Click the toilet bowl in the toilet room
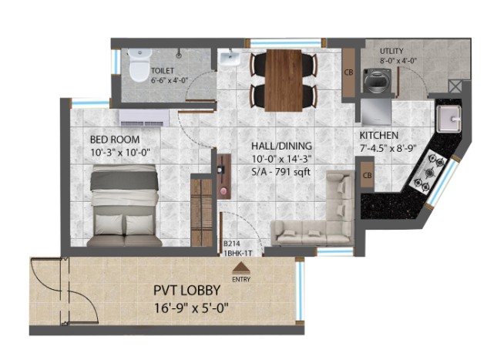(x=140, y=66)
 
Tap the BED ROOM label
(x=115, y=140)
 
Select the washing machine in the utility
(x=377, y=81)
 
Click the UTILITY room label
(x=391, y=51)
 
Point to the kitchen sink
(x=449, y=119)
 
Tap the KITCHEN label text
(x=379, y=136)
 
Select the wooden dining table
(x=284, y=80)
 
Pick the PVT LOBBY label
(x=187, y=291)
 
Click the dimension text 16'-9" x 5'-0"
(x=191, y=308)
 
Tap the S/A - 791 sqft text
(x=280, y=172)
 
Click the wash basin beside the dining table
(x=230, y=58)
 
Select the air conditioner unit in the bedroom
(x=144, y=118)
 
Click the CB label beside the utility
(x=349, y=72)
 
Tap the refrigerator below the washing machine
(x=376, y=111)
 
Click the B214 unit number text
(x=232, y=244)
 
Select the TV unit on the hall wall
(x=223, y=176)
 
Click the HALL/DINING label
(x=281, y=146)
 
